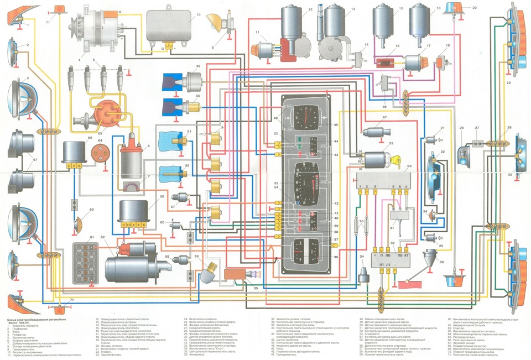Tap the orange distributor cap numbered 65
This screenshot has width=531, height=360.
[103, 113]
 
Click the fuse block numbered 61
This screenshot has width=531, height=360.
[85, 260]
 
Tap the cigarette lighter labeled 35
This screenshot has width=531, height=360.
[238, 275]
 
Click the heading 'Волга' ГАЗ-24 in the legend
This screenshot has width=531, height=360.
[22, 324]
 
